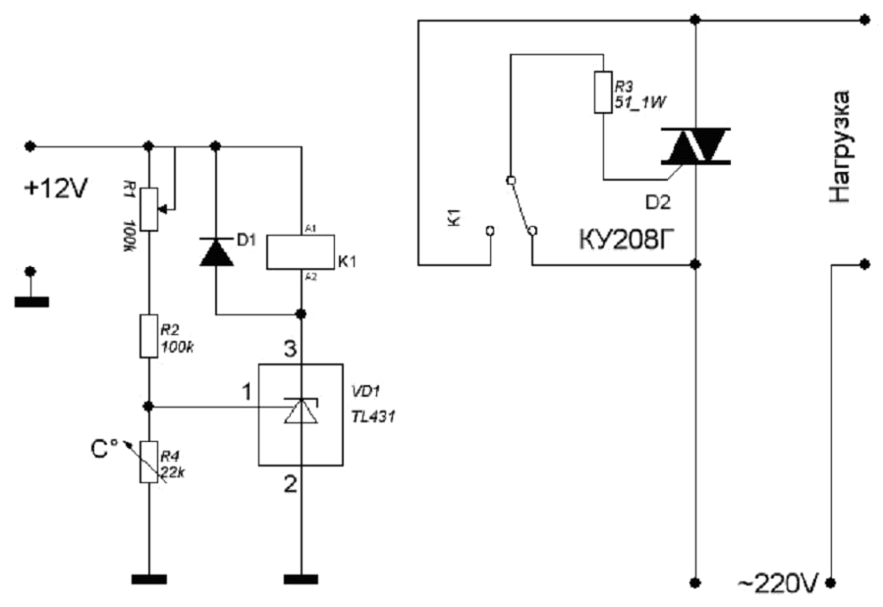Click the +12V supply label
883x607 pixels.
click(56, 189)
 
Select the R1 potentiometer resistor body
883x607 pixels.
click(148, 209)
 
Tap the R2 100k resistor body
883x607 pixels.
click(148, 336)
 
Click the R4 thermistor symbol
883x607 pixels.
click(148, 462)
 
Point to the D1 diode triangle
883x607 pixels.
click(216, 251)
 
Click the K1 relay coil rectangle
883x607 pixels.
click(301, 251)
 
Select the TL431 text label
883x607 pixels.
click(373, 417)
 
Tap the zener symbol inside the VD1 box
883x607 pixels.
click(301, 410)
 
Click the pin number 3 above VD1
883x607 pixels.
click(290, 349)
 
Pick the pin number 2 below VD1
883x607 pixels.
click(290, 483)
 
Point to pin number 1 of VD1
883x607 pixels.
click(247, 392)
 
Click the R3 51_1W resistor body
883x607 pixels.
click(603, 91)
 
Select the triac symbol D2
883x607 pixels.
click(695, 145)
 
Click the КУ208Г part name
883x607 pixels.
click(627, 240)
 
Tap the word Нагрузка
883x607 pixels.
click(839, 146)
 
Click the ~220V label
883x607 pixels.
click(777, 583)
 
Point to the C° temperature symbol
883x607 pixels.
click(104, 449)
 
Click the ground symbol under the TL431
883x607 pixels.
click(301, 579)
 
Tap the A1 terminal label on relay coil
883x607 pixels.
click(310, 229)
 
